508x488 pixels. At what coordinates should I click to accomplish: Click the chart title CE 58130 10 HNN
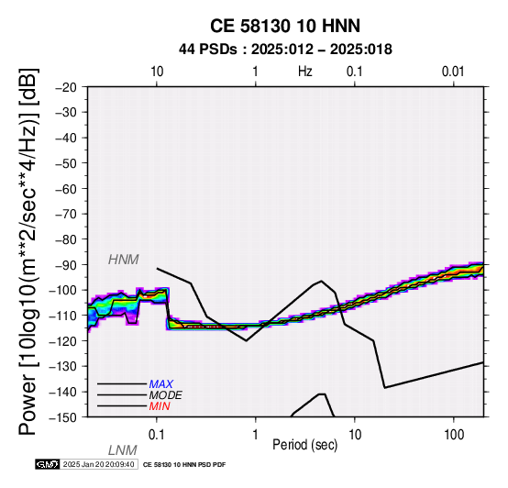click(285, 26)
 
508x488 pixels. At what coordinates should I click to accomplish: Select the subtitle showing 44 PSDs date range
click(285, 50)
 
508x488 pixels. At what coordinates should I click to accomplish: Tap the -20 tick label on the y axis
click(66, 87)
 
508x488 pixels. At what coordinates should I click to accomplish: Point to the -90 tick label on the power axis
click(66, 265)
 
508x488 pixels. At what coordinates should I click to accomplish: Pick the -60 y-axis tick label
click(66, 189)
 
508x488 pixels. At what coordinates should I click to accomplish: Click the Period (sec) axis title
click(304, 445)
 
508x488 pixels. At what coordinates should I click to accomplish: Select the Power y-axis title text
click(28, 251)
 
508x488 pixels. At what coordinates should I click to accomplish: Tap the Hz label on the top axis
click(304, 72)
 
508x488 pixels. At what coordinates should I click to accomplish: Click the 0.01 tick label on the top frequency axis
click(453, 72)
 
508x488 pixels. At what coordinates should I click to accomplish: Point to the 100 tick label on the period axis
click(454, 435)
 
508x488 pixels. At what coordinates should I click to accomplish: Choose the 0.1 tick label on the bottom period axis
click(156, 435)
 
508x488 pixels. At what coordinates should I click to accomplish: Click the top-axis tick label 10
click(157, 72)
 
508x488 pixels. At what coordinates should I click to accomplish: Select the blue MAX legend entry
click(160, 384)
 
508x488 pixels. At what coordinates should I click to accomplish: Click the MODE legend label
click(165, 395)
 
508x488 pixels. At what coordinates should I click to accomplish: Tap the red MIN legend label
click(160, 406)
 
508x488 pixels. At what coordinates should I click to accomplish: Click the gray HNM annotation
click(124, 260)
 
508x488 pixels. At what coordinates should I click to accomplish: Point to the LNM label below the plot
click(123, 450)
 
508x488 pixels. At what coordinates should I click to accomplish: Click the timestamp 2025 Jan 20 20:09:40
click(98, 464)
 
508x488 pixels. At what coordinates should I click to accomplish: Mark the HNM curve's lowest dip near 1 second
click(247, 340)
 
